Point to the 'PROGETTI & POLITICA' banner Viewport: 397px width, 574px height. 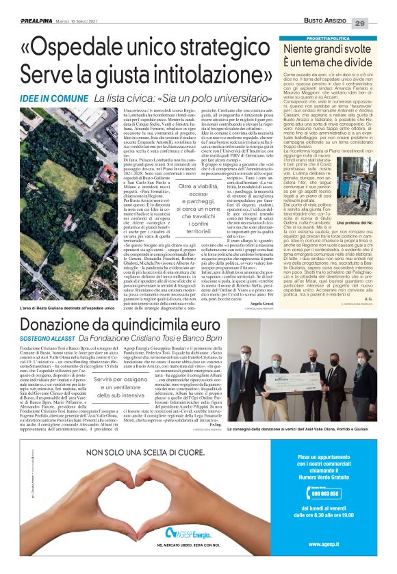[335, 39]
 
